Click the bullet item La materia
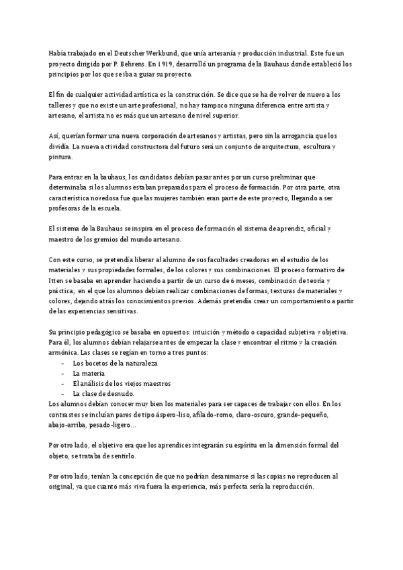coord(88,373)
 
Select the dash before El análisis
coord(62,383)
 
